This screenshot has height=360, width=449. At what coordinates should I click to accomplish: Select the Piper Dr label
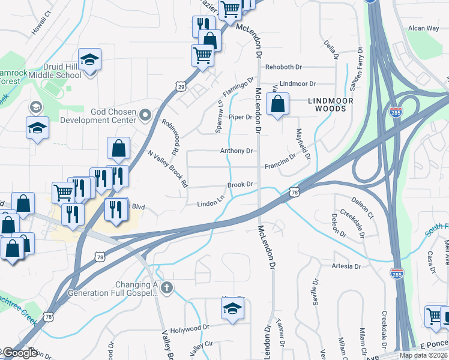click(241, 117)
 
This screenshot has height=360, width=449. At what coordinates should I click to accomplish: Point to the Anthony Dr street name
click(237, 151)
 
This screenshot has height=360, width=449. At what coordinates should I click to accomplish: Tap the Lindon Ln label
click(211, 204)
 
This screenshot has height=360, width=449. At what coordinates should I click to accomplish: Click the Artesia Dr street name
click(346, 266)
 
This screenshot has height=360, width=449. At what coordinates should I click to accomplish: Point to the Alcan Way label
click(424, 28)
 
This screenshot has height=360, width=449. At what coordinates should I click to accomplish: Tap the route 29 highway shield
click(180, 88)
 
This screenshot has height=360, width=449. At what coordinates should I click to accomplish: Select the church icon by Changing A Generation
click(167, 289)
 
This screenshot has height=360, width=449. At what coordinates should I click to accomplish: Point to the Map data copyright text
click(423, 355)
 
